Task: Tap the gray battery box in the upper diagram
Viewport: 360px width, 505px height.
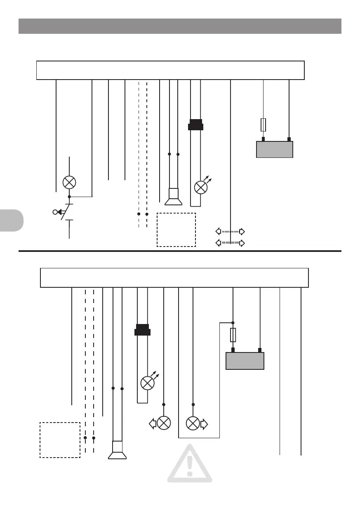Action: pyautogui.click(x=275, y=149)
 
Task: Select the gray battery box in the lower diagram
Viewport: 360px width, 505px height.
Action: pyautogui.click(x=245, y=361)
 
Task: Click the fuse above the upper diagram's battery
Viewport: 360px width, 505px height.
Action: pyautogui.click(x=264, y=124)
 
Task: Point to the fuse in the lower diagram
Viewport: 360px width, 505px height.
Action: pyautogui.click(x=233, y=335)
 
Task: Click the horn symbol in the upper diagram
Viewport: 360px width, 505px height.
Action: pyautogui.click(x=174, y=197)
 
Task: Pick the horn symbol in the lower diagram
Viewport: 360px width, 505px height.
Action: pyautogui.click(x=118, y=450)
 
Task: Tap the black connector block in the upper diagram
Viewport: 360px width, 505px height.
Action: pyautogui.click(x=195, y=124)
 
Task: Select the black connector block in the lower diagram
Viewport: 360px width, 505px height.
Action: pyautogui.click(x=143, y=330)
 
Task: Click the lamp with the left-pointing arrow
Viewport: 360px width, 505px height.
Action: pyautogui.click(x=164, y=423)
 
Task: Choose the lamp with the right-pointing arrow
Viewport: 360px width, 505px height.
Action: pyautogui.click(x=193, y=423)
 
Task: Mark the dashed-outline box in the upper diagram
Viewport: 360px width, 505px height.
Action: pyautogui.click(x=176, y=230)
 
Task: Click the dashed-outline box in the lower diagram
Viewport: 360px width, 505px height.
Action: pyautogui.click(x=60, y=440)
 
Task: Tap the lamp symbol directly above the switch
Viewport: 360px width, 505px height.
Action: pyautogui.click(x=69, y=182)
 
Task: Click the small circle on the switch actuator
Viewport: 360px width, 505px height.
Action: pyautogui.click(x=55, y=212)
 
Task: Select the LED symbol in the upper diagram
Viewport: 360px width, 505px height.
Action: pyautogui.click(x=201, y=188)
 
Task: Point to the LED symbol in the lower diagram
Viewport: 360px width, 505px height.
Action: pyautogui.click(x=147, y=383)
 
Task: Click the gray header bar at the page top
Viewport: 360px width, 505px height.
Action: pyautogui.click(x=180, y=26)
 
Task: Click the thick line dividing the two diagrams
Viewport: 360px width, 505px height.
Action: pyautogui.click(x=180, y=251)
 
